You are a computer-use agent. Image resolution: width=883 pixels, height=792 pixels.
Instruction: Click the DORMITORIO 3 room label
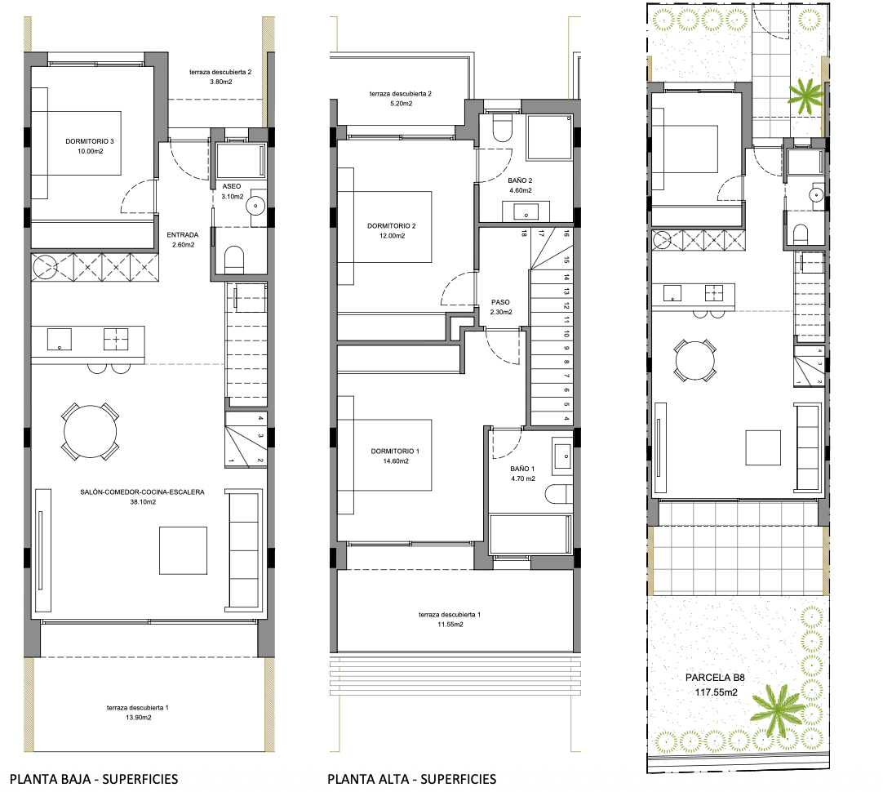[x=91, y=141]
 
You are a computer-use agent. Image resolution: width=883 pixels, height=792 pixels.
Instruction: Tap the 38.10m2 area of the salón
[x=142, y=502]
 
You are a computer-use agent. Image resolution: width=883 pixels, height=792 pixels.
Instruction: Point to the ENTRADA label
[x=184, y=234]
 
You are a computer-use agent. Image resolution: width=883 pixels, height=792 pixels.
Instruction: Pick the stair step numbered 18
[x=523, y=234]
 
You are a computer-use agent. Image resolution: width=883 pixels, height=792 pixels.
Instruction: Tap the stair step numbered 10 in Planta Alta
[x=566, y=335]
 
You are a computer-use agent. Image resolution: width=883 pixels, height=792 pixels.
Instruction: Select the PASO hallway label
[x=500, y=301]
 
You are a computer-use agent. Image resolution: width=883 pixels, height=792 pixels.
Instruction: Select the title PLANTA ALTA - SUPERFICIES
[x=411, y=779]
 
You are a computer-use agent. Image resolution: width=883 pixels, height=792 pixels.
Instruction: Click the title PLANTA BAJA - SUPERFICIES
[x=94, y=779]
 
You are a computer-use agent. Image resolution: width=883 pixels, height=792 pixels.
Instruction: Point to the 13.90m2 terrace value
[x=137, y=717]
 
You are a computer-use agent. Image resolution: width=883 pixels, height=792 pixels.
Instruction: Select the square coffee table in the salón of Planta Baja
[x=184, y=550]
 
